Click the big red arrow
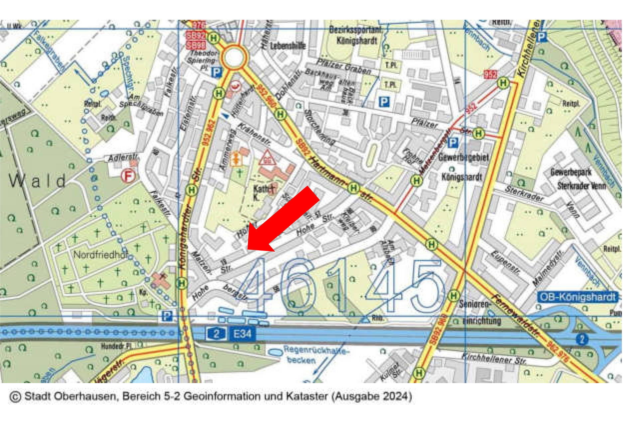click(283, 220)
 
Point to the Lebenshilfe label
click(288, 46)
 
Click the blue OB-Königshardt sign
click(578, 297)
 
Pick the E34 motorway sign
click(242, 333)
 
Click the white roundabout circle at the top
click(234, 57)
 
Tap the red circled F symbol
click(128, 175)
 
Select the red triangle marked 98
click(267, 158)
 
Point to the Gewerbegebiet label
click(464, 157)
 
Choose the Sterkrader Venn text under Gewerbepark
click(581, 186)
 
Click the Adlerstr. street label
click(123, 157)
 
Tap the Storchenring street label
click(319, 127)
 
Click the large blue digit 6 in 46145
click(298, 286)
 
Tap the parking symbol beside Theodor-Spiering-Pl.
click(216, 72)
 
